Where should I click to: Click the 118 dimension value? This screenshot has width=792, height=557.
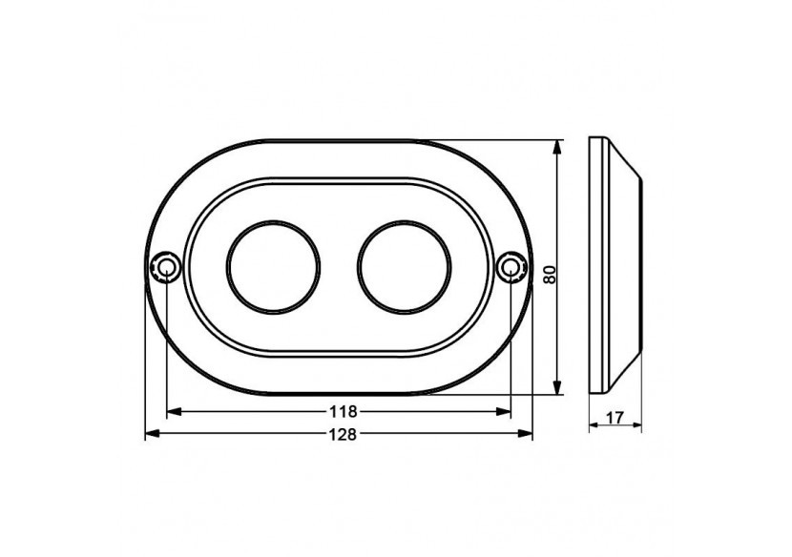click(343, 412)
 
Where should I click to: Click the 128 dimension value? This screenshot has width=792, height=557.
click(343, 434)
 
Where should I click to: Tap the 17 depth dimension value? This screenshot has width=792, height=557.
click(615, 418)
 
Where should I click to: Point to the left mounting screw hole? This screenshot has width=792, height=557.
click(166, 266)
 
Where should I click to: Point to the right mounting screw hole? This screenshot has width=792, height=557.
click(511, 266)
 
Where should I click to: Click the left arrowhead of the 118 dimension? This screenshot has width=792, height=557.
click(174, 412)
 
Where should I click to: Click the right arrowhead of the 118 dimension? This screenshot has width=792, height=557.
click(504, 412)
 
